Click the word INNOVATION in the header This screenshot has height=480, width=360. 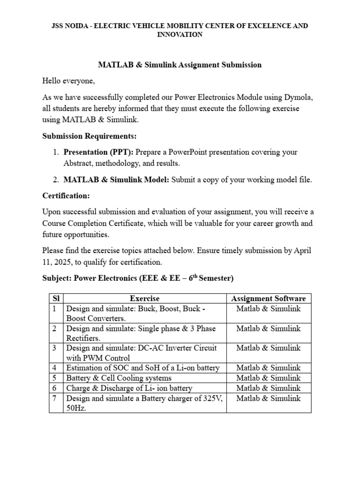[x=180, y=35]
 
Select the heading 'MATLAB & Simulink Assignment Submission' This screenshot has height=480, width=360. [x=180, y=65]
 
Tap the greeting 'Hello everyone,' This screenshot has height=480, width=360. [x=68, y=81]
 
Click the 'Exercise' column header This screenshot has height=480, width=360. [x=144, y=299]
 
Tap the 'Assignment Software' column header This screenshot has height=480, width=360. [x=269, y=299]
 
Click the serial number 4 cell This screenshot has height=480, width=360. [x=55, y=368]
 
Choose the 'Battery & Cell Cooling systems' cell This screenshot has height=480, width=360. [x=119, y=378]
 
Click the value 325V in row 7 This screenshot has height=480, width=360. [x=212, y=398]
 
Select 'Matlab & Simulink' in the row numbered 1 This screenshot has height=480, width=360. [x=269, y=309]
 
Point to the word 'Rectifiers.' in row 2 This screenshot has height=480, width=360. [x=83, y=338]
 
